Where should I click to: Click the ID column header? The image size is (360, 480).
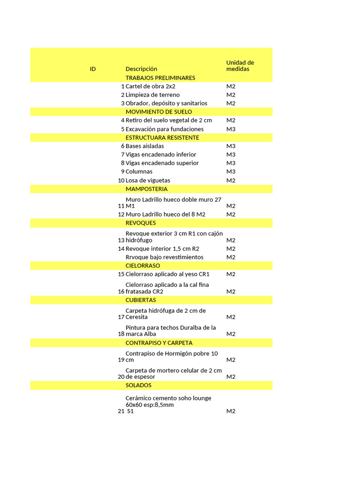[x=93, y=69]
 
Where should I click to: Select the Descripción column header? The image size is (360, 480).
[x=142, y=69]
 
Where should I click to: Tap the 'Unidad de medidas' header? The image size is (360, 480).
[x=240, y=66]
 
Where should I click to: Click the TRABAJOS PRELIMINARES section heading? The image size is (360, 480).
[x=160, y=78]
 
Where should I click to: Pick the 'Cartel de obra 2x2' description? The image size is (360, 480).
[x=150, y=86]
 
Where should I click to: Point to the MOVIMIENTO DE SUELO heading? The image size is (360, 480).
[x=158, y=112]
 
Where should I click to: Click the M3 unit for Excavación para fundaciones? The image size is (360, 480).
[x=231, y=129]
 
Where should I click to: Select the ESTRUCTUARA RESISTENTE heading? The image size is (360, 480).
[x=162, y=138]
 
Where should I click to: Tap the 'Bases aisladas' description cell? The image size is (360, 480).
[x=145, y=146]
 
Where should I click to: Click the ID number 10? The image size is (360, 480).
[x=121, y=180]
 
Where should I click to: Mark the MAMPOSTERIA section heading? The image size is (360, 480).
[x=146, y=189]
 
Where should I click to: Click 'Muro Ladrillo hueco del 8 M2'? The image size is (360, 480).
[x=165, y=215]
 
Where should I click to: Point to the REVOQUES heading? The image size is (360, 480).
[x=141, y=223]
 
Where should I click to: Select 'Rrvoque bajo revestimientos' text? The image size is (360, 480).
[x=165, y=257]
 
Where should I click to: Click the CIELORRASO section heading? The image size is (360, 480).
[x=142, y=266]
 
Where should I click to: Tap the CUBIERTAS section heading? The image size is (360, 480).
[x=141, y=300]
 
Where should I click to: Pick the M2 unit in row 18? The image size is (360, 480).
[x=231, y=334]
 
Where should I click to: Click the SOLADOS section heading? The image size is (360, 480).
[x=138, y=385]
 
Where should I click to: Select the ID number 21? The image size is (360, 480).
[x=121, y=411]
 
